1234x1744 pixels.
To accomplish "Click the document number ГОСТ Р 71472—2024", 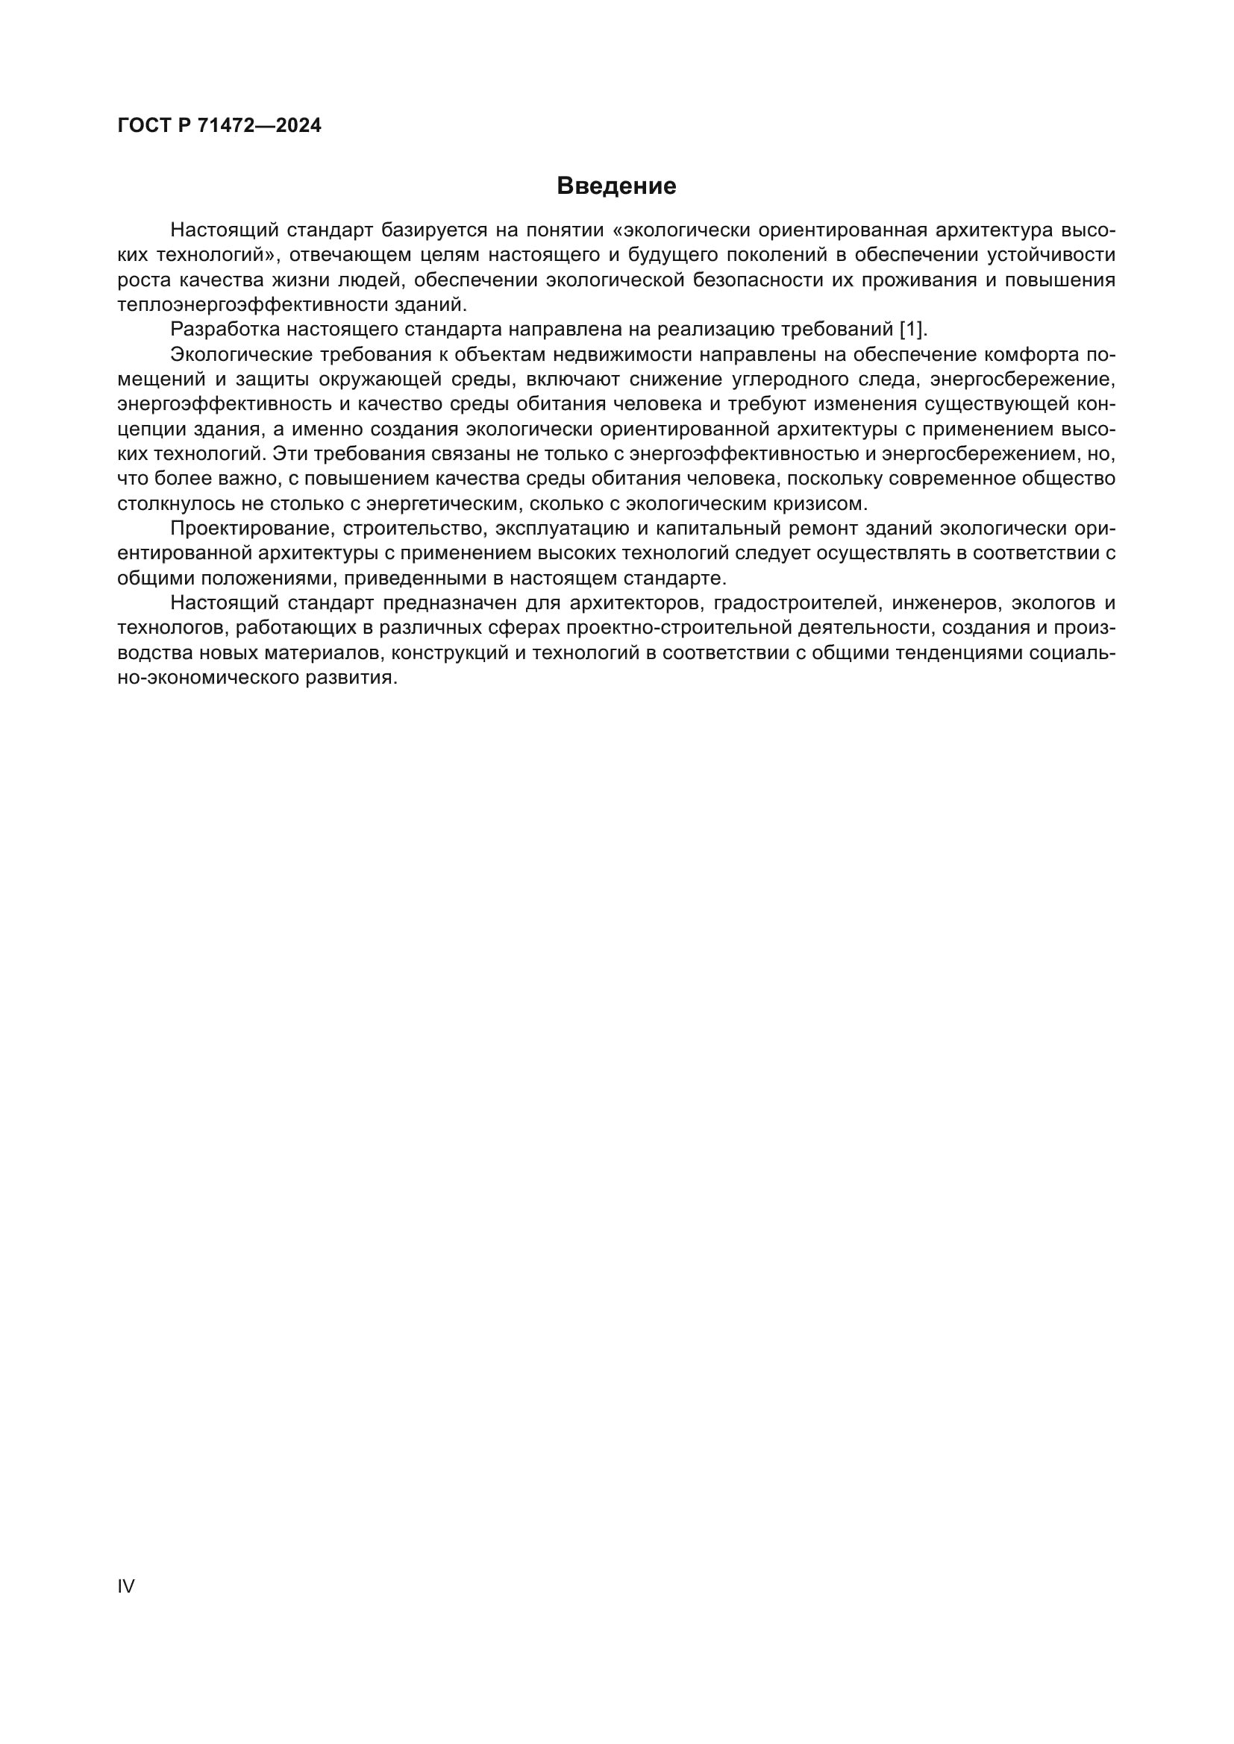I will click(219, 125).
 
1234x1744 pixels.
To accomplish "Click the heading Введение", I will click(616, 186).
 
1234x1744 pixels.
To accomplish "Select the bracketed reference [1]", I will click(912, 330).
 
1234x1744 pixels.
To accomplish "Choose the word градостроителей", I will click(793, 604).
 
